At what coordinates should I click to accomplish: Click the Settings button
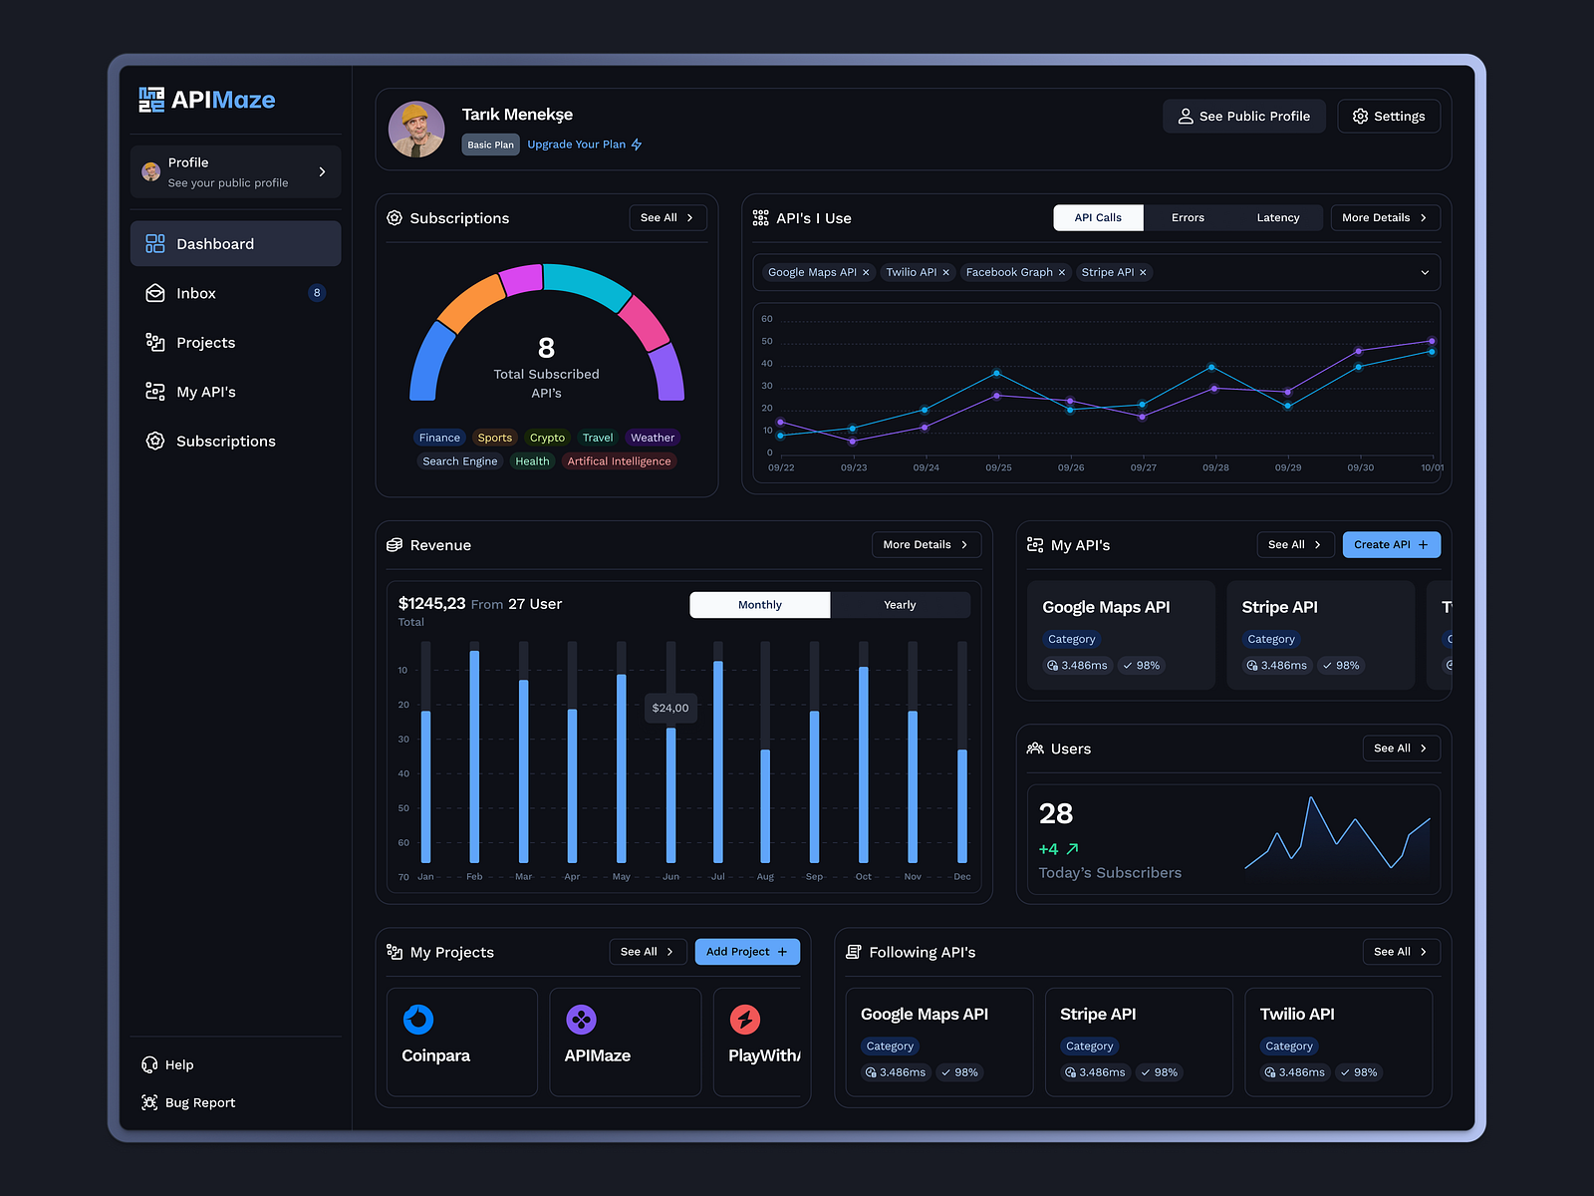(x=1389, y=117)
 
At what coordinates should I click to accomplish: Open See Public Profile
(x=1243, y=117)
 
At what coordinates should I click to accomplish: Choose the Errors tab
(x=1188, y=218)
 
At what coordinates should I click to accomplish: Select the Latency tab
(x=1277, y=218)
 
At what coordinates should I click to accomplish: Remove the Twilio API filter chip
(x=946, y=273)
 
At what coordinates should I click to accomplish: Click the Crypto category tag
(x=547, y=438)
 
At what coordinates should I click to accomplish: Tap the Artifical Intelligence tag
(x=619, y=461)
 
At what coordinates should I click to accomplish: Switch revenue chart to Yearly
(x=900, y=605)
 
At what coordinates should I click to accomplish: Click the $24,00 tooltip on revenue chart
(x=670, y=709)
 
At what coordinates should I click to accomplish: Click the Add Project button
(x=747, y=952)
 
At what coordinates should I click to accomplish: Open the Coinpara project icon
(x=418, y=1020)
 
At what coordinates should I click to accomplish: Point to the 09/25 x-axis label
(x=998, y=467)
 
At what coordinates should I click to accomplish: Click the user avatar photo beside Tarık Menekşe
(x=416, y=130)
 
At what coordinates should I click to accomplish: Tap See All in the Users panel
(x=1401, y=748)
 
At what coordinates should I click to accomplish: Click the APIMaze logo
(x=207, y=100)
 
